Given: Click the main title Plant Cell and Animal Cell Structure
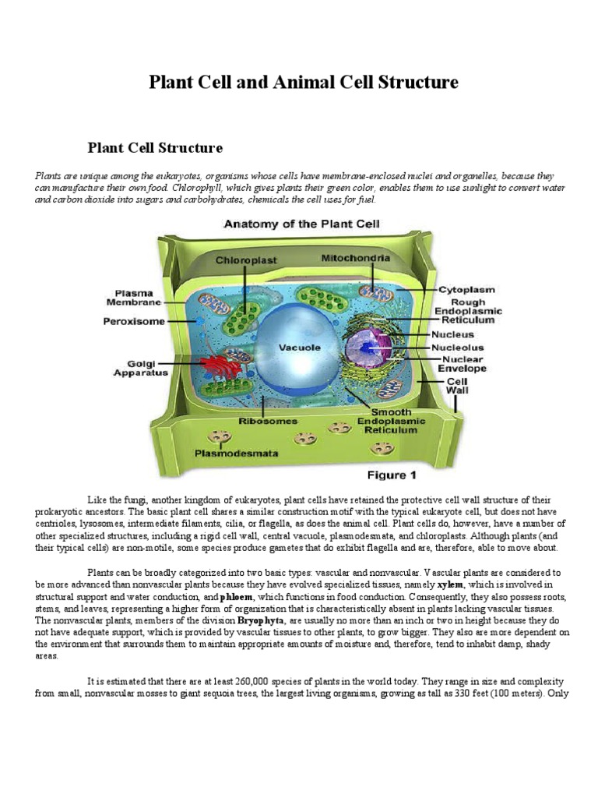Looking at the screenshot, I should [x=304, y=83].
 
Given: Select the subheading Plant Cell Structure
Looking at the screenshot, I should [x=156, y=147].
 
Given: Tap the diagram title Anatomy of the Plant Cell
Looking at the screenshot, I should [x=302, y=224].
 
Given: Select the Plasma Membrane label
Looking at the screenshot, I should [x=135, y=297].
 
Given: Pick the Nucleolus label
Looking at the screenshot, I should [x=457, y=348].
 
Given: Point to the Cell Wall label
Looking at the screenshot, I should [x=456, y=387].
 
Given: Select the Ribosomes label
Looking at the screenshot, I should [x=268, y=421].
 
